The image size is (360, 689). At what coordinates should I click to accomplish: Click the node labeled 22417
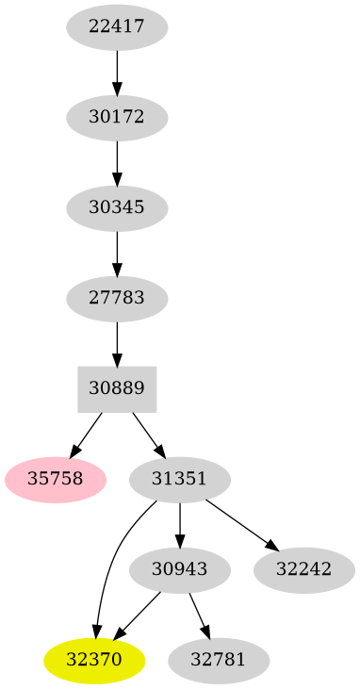coord(117,27)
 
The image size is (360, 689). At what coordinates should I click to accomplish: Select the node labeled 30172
coord(117,118)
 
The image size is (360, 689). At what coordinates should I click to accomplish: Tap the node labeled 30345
coord(117,208)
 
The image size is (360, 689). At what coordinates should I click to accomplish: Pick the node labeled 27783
coord(117,299)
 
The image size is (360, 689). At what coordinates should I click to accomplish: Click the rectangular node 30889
coord(117,388)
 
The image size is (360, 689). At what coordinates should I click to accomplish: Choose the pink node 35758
coord(56,479)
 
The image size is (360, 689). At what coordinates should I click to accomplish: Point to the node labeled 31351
coord(179,479)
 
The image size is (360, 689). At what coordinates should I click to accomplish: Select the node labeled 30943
coord(179,569)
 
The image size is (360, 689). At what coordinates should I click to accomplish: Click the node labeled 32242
coord(303,569)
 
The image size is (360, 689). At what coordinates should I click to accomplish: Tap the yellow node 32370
coord(95,660)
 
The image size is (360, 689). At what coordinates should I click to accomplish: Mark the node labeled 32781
coord(219,660)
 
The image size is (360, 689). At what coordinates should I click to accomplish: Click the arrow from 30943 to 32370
coord(138,615)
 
